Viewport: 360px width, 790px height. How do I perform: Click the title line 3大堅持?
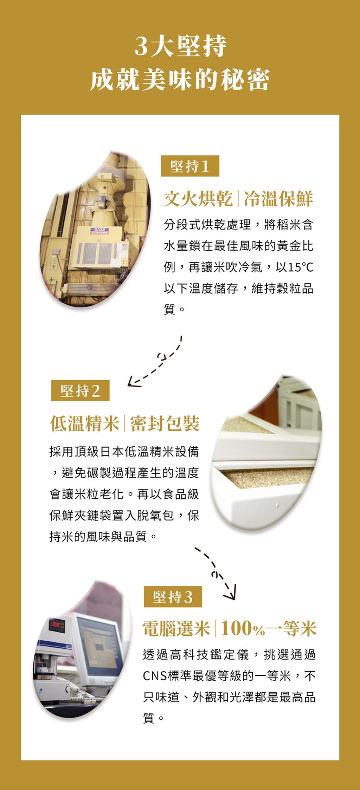[180, 46]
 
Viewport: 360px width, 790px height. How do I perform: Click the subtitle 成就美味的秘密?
[180, 80]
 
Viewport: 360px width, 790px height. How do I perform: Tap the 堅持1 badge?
[190, 166]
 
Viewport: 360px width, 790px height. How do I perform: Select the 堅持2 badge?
[81, 390]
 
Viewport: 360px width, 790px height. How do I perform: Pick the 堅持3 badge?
[173, 597]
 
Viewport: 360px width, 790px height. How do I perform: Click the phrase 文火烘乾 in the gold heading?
[198, 199]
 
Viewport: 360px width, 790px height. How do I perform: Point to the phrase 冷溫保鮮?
[278, 199]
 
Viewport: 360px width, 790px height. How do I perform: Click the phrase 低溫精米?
[85, 423]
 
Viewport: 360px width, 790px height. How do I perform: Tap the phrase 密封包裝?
[165, 423]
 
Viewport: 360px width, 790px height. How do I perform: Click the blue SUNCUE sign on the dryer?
[100, 231]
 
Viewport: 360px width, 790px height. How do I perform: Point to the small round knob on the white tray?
[277, 505]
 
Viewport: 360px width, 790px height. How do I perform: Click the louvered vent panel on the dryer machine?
[97, 253]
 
